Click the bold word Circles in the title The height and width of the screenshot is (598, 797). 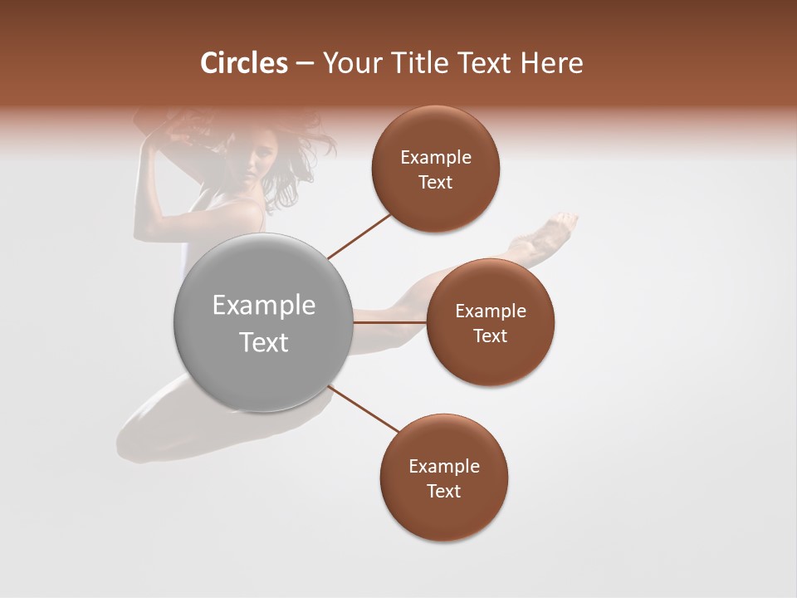244,63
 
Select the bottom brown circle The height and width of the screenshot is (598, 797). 444,515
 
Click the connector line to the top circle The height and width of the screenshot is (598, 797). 359,236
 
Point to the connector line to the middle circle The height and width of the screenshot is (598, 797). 390,322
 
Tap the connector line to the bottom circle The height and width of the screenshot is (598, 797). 364,409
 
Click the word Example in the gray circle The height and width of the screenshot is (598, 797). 264,306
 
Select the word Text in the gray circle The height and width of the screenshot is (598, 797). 264,342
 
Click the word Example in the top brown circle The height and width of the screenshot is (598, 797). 436,158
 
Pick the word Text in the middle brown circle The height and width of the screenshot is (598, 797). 490,336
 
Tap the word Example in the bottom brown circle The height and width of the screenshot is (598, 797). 444,466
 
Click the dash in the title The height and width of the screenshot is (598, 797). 305,64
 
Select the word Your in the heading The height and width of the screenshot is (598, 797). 348,63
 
